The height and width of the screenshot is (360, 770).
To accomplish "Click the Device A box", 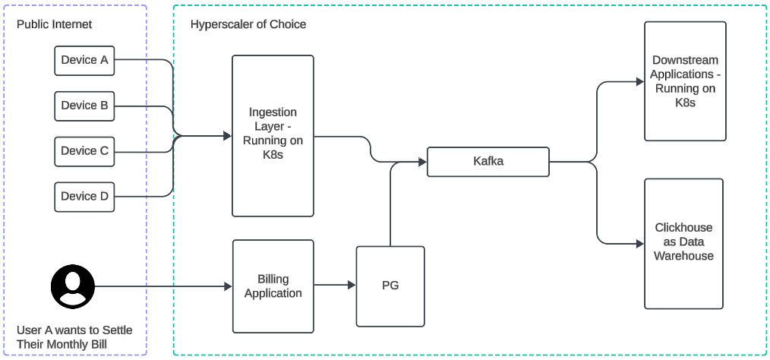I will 84,60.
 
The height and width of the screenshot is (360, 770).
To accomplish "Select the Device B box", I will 84,106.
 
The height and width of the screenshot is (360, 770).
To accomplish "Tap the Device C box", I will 84,151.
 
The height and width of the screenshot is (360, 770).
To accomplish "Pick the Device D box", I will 84,196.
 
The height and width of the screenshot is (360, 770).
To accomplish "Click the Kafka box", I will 488,162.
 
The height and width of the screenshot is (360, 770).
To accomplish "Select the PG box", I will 390,286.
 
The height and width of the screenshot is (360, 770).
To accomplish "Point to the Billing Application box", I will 273,286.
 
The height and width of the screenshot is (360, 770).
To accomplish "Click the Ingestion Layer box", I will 273,135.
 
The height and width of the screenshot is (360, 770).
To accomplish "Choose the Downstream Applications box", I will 685,81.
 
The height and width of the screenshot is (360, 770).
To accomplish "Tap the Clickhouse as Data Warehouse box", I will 683,243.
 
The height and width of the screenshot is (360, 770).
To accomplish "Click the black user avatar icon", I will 73,286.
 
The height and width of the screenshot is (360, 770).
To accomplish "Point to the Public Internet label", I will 54,24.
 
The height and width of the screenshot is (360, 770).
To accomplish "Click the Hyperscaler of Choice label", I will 248,24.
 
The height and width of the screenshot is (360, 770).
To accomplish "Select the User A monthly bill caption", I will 74,338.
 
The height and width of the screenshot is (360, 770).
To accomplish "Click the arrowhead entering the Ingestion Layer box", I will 227,137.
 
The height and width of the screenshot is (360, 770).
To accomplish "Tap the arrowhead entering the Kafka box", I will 422,162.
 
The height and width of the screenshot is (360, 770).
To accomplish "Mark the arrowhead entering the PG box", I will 352,286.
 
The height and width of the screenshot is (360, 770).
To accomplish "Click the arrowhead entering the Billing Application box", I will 228,286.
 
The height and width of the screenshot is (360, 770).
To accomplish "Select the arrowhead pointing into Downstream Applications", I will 639,81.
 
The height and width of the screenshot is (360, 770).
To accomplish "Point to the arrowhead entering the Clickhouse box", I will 639,244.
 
